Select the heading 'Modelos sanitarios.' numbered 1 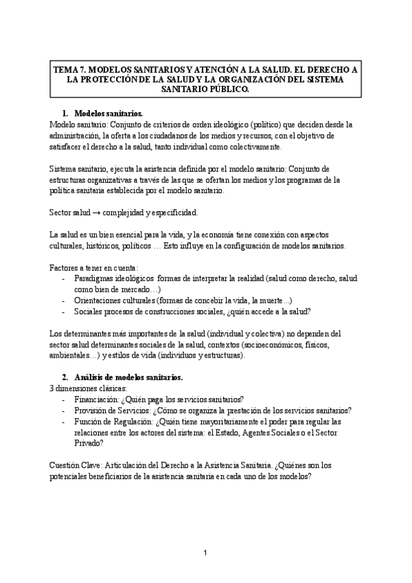click(108, 113)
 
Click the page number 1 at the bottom click(206, 553)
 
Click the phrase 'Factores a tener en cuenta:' click(94, 267)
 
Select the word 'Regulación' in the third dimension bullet click(149, 421)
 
